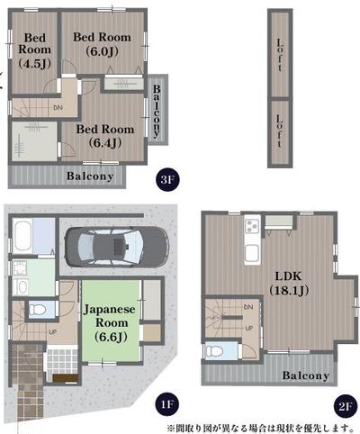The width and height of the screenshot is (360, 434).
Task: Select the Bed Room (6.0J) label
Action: pos(101,44)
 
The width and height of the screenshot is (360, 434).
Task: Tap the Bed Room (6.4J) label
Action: pos(104,136)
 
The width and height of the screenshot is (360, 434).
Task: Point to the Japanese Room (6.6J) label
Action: pos(110,321)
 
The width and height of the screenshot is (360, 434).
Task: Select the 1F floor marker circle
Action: pos(166,405)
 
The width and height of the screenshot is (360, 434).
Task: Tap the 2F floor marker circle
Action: pos(346,405)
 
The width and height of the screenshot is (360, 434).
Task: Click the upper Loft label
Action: pos(281,55)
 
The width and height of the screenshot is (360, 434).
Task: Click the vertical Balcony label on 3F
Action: pos(157,109)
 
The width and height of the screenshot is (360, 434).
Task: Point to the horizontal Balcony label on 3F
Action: pos(90,176)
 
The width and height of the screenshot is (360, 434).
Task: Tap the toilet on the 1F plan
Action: pos(37,309)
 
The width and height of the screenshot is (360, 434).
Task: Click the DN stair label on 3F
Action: pos(58,108)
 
